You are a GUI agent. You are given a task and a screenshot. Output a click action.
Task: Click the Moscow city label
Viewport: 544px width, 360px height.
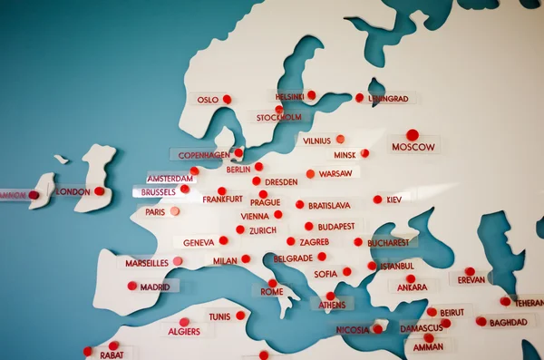(x=413, y=147)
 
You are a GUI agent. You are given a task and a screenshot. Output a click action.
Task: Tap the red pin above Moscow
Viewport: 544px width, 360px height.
(x=413, y=134)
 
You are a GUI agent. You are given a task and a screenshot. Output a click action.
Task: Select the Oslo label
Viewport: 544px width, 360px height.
(x=208, y=100)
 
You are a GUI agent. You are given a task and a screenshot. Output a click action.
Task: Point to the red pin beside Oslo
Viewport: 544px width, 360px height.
(x=227, y=99)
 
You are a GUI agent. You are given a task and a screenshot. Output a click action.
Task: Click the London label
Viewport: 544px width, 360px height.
(x=73, y=192)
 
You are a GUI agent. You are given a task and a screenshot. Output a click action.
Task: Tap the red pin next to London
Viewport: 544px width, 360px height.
(x=99, y=190)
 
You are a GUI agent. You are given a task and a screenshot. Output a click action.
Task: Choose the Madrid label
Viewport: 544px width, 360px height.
(x=155, y=287)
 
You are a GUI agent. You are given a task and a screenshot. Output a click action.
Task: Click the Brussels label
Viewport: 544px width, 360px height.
(x=159, y=192)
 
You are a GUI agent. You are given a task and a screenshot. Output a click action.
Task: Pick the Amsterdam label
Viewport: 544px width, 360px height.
(x=170, y=179)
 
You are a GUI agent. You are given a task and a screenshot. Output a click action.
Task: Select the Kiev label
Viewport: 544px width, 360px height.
(x=394, y=199)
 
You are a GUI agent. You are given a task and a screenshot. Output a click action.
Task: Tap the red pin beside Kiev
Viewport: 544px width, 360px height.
(x=377, y=199)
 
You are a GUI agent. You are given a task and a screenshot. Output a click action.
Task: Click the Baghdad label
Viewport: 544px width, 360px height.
(x=508, y=322)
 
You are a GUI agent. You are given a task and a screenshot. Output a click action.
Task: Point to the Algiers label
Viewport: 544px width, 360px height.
(x=184, y=332)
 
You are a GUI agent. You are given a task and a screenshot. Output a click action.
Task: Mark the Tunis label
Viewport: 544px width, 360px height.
(x=219, y=316)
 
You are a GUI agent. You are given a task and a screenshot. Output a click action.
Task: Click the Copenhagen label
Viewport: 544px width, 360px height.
(x=204, y=155)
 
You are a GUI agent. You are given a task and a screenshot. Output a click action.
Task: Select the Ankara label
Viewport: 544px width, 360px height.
(x=412, y=287)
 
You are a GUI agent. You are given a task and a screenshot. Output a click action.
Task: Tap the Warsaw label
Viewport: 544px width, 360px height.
(x=335, y=173)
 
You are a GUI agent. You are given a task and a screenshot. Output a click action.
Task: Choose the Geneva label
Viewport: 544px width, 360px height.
(x=199, y=243)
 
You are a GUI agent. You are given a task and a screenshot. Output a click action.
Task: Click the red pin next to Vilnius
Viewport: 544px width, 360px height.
(x=340, y=139)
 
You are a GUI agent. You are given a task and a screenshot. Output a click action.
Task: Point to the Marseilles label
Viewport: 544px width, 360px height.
(x=147, y=263)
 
